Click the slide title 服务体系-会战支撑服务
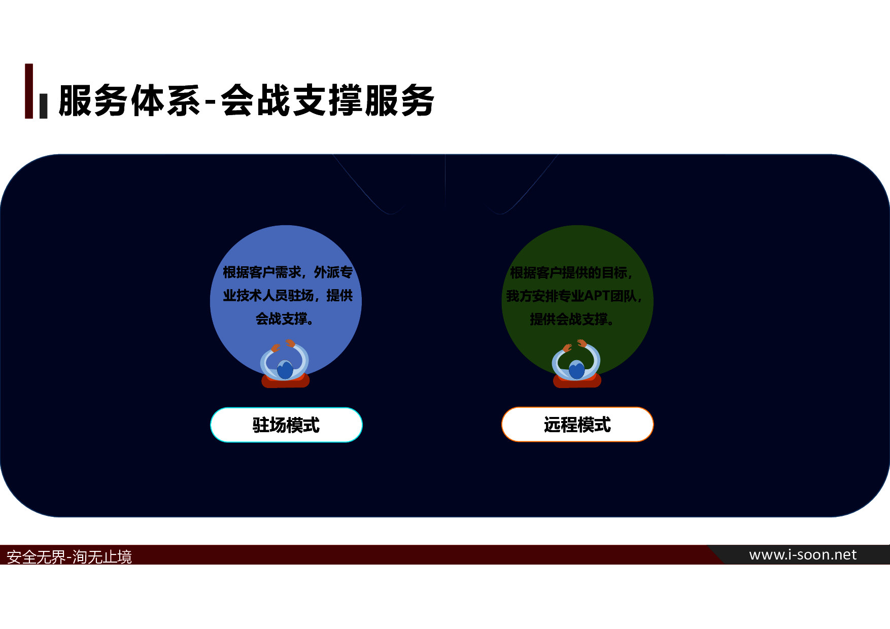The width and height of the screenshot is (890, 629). click(x=246, y=100)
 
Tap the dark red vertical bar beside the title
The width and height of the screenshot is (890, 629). click(x=29, y=91)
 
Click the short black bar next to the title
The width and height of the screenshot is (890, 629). click(x=44, y=106)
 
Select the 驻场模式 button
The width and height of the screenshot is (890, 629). click(x=286, y=425)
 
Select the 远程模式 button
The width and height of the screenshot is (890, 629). click(x=577, y=425)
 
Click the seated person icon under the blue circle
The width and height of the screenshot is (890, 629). click(x=285, y=364)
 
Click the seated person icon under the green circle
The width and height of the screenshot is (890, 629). click(x=577, y=364)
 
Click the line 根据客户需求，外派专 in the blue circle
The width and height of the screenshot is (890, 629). click(x=288, y=272)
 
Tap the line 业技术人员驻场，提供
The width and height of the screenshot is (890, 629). click(x=288, y=295)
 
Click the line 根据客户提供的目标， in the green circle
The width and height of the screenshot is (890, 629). click(x=571, y=273)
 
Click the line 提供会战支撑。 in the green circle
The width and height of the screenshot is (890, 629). click(x=571, y=319)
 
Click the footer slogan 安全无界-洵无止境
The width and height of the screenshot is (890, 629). click(x=69, y=557)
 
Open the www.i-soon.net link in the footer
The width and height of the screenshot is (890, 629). click(x=803, y=555)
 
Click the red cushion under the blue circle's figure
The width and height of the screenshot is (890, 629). click(x=285, y=381)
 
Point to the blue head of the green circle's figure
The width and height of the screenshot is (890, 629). click(x=577, y=369)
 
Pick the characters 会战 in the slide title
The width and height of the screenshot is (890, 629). click(x=255, y=100)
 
